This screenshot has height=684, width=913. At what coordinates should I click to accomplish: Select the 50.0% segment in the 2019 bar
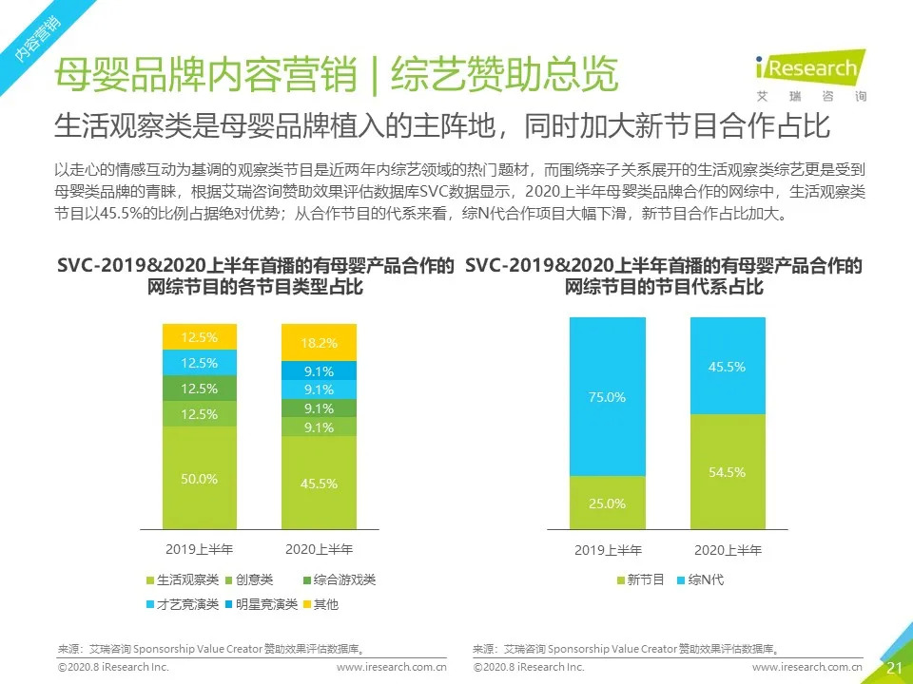200,478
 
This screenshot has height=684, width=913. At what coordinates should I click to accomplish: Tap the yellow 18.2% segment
319,342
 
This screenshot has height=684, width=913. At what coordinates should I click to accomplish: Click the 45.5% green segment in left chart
319,482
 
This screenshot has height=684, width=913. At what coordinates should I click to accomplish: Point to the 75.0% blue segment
607,397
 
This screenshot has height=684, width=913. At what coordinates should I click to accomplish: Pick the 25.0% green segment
607,503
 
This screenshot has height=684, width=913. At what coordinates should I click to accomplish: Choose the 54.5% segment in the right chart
727,471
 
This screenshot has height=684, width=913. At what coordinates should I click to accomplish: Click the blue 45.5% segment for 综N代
727,366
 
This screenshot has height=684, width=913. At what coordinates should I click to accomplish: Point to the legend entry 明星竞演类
262,603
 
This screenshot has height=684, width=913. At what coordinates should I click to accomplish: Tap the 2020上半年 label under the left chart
319,549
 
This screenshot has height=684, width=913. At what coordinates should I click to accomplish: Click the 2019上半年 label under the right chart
608,550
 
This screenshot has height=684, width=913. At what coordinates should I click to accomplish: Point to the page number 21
894,668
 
